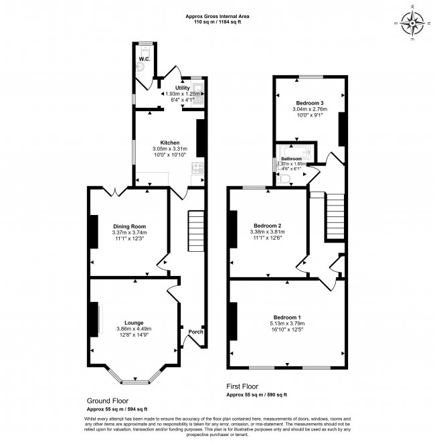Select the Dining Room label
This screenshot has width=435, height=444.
[x=129, y=226]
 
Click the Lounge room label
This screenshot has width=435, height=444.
[x=134, y=322]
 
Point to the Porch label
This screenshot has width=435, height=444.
[x=195, y=332]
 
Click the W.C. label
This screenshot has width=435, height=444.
[x=144, y=60]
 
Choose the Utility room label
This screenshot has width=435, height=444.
[x=183, y=88]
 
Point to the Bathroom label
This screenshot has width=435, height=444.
[x=291, y=159]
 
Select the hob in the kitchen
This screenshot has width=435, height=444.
[x=198, y=168]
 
